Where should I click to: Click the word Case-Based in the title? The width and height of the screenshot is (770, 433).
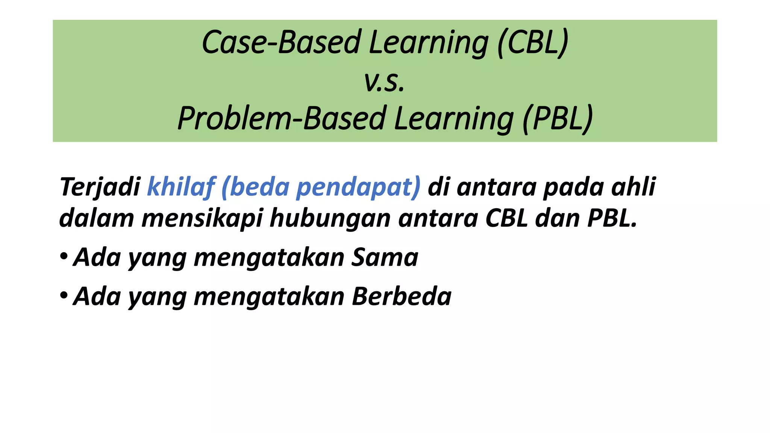[282, 42]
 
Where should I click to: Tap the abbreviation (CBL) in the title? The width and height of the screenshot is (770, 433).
[533, 42]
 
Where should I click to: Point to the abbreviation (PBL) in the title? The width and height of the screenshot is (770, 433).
[558, 118]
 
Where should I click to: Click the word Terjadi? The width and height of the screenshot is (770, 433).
[100, 187]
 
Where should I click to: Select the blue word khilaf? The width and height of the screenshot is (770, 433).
[181, 187]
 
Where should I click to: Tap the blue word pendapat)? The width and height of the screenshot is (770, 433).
[358, 187]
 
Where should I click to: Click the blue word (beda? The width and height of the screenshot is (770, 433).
[256, 187]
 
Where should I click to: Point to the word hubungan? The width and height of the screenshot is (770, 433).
[330, 218]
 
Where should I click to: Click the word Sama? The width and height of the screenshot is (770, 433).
[384, 257]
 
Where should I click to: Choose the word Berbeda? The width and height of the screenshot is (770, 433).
[401, 297]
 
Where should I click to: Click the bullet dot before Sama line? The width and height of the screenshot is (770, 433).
[64, 257]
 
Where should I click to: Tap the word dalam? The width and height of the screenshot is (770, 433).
[97, 218]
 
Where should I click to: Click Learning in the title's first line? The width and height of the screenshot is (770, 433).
[429, 42]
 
